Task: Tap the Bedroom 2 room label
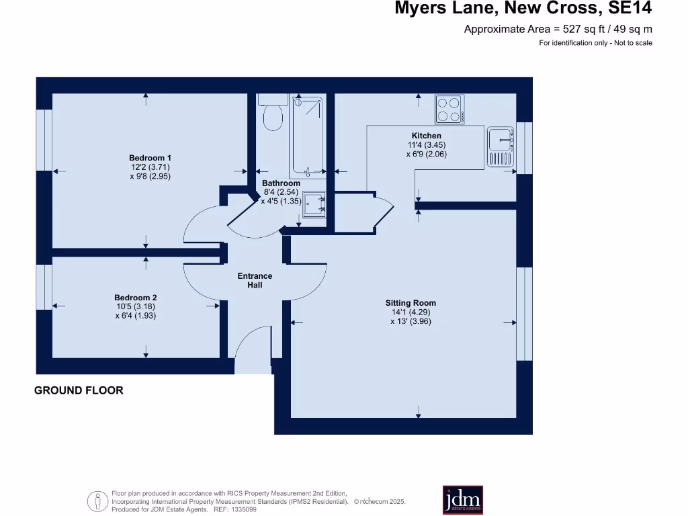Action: click(135, 298)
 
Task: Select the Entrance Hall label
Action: click(255, 280)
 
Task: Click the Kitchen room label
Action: click(426, 136)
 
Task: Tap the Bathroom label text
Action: click(281, 183)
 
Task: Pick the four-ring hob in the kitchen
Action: click(449, 110)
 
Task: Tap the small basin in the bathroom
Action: click(314, 205)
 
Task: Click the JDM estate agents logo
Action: click(462, 500)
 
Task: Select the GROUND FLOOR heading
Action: click(79, 390)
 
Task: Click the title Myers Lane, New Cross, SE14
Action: click(523, 9)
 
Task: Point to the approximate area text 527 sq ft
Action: click(558, 29)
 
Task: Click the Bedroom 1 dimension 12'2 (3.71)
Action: click(151, 167)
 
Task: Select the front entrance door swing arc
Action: click(252, 348)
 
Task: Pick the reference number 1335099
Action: click(243, 510)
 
